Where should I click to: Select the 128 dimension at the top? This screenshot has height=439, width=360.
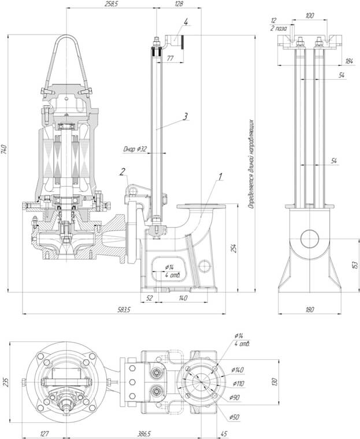(x=178, y=4)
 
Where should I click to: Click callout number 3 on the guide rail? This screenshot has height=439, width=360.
(x=185, y=116)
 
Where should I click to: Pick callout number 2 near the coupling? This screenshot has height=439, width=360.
(x=123, y=170)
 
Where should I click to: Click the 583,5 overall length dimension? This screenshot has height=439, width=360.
(x=123, y=310)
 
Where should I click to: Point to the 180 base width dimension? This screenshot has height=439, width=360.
(x=309, y=310)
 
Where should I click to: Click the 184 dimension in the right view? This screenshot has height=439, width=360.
(x=349, y=61)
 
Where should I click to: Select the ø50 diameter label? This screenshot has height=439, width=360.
(x=233, y=416)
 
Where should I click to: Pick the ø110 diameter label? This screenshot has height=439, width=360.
(x=237, y=383)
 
